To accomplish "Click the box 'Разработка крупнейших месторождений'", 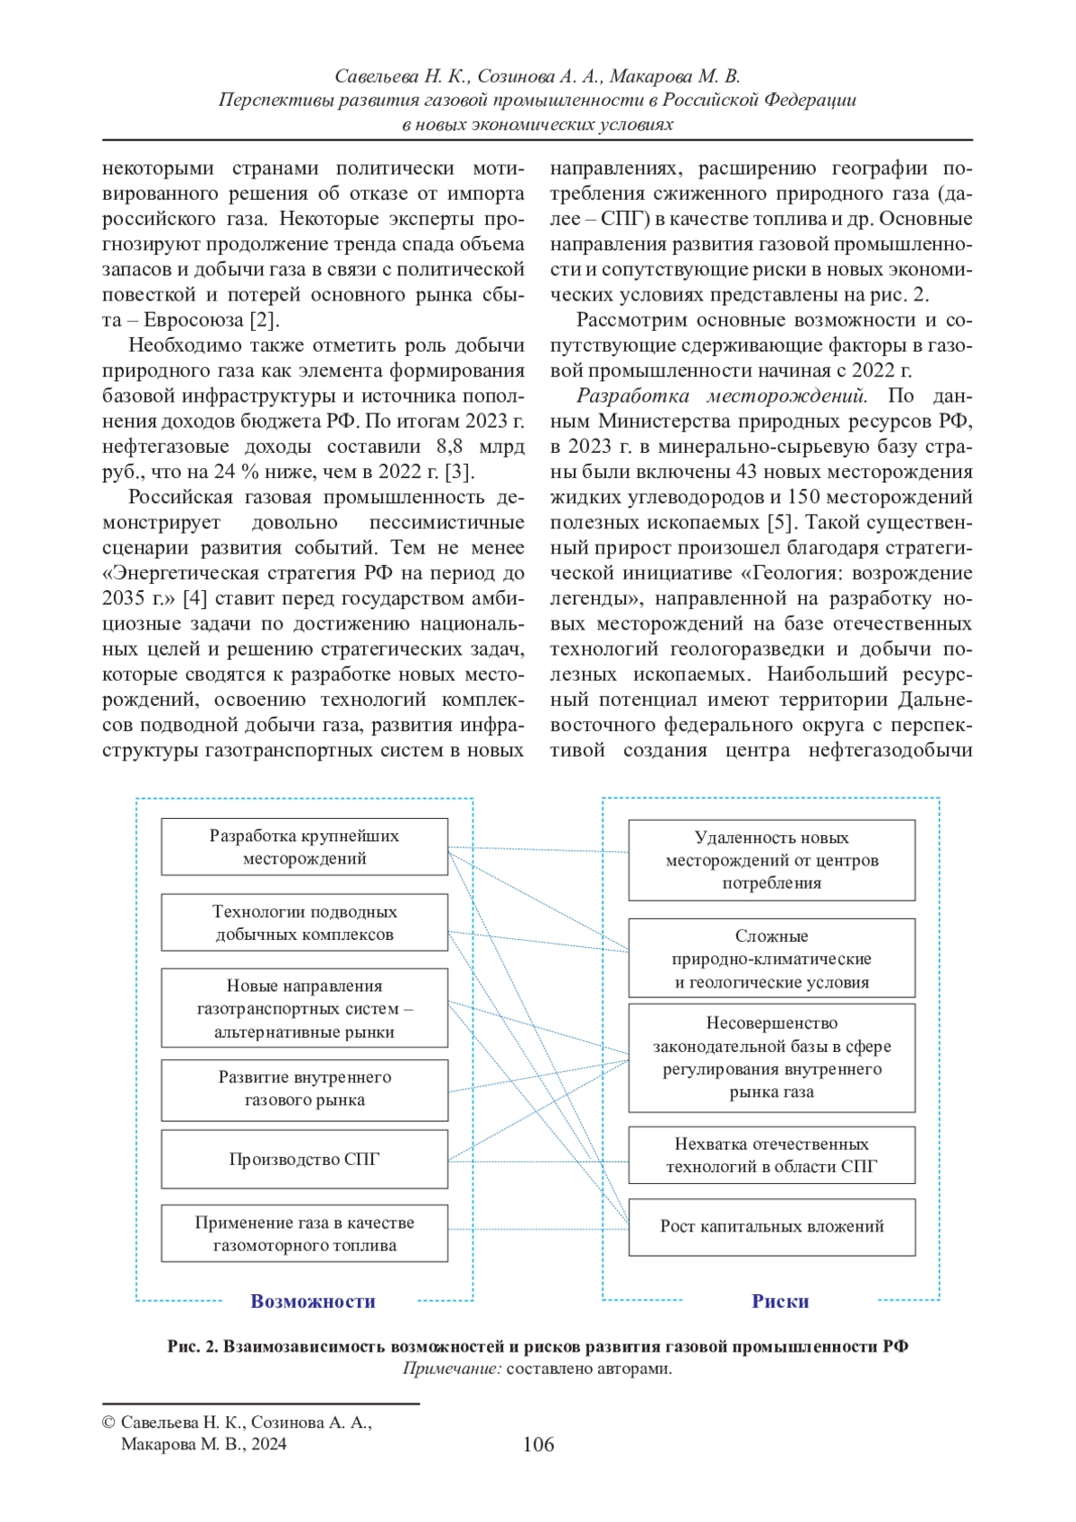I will (x=304, y=847).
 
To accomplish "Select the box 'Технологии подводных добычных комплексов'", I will (x=304, y=922).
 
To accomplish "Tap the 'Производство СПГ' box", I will (x=304, y=1159).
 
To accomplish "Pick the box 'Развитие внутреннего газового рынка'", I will (x=304, y=1089).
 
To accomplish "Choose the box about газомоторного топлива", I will (x=304, y=1233).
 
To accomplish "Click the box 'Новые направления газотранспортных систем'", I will (x=304, y=1008).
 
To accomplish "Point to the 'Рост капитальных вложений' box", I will (x=771, y=1226).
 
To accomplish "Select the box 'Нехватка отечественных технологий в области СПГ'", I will (x=771, y=1155).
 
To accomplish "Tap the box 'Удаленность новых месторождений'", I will (x=771, y=860).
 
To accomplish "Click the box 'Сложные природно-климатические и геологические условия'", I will (x=771, y=958).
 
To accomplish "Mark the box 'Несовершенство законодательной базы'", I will (x=771, y=1057).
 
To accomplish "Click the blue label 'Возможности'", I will (x=313, y=1301).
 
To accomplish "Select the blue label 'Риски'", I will (x=780, y=1301).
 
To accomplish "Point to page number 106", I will (x=538, y=1444).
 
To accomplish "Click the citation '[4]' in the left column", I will (x=195, y=598).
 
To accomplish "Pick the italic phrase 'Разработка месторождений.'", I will (x=721, y=396).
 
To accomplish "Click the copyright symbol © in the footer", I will (x=108, y=1422).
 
